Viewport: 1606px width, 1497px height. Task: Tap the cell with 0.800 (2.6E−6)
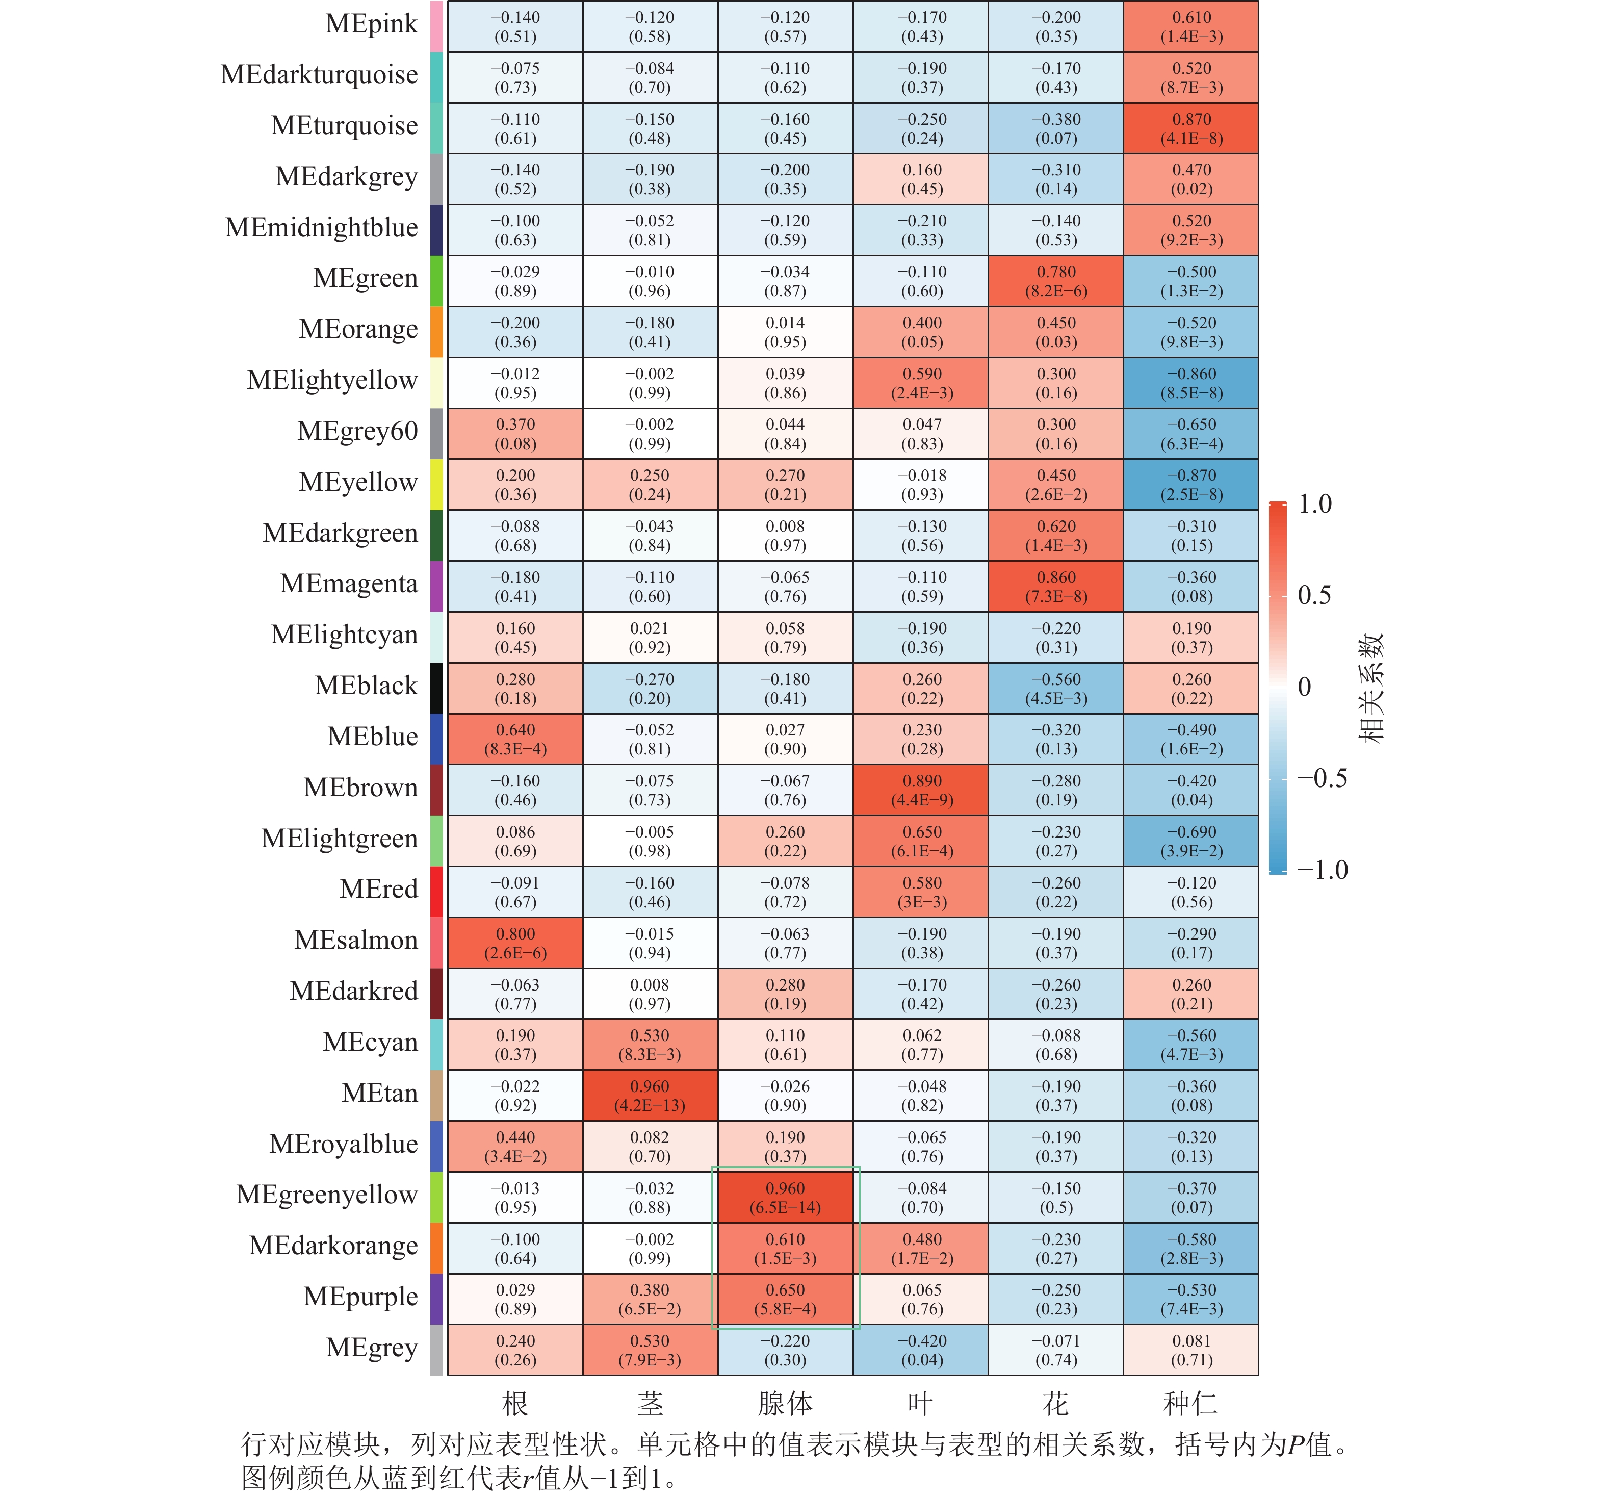click(515, 943)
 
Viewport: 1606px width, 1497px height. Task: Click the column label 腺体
click(785, 1403)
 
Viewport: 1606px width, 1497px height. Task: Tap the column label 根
click(515, 1403)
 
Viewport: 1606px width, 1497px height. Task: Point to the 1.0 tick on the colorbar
click(1314, 504)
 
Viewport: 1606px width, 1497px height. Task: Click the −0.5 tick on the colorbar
click(1322, 778)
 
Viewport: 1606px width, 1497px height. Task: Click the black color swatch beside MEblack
click(436, 688)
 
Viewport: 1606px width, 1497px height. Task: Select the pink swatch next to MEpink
click(436, 26)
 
